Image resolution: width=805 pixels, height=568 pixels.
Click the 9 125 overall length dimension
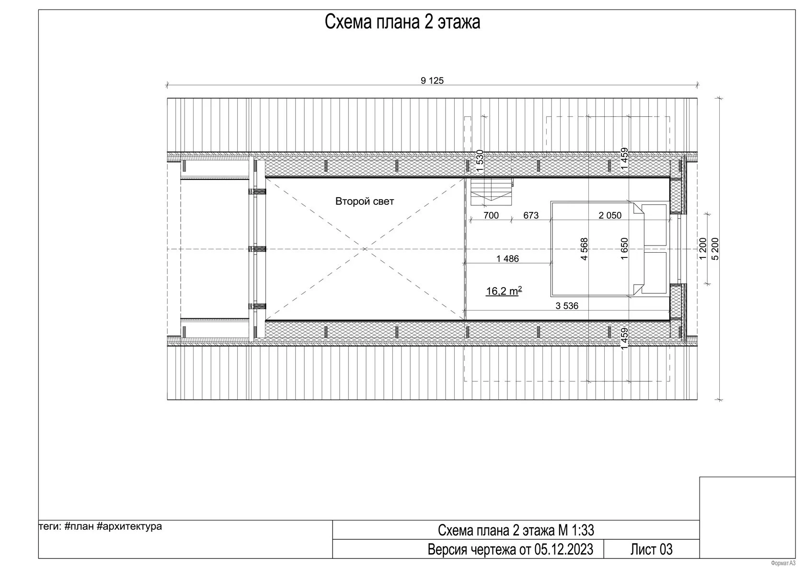click(432, 81)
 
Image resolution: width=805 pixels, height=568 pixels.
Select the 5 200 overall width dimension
click(715, 249)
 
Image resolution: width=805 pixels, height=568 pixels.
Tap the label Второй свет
click(364, 201)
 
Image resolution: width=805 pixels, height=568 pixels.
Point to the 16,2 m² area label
click(504, 290)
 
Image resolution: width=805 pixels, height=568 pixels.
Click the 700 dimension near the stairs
click(491, 215)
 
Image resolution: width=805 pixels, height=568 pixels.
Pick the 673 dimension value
click(531, 215)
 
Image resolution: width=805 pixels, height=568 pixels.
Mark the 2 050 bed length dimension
click(610, 215)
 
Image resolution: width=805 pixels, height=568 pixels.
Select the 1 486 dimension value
click(507, 259)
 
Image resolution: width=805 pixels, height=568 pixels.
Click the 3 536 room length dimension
click(567, 306)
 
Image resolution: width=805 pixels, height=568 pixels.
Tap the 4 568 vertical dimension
click(585, 249)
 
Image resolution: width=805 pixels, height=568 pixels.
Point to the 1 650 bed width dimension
click(624, 249)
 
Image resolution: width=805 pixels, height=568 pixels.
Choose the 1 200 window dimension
click(703, 249)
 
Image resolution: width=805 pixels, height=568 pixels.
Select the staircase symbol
click(491, 192)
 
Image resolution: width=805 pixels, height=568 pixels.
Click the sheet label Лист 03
click(651, 549)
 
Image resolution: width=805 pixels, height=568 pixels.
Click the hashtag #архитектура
click(129, 527)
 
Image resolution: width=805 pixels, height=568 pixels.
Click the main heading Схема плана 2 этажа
click(402, 22)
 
